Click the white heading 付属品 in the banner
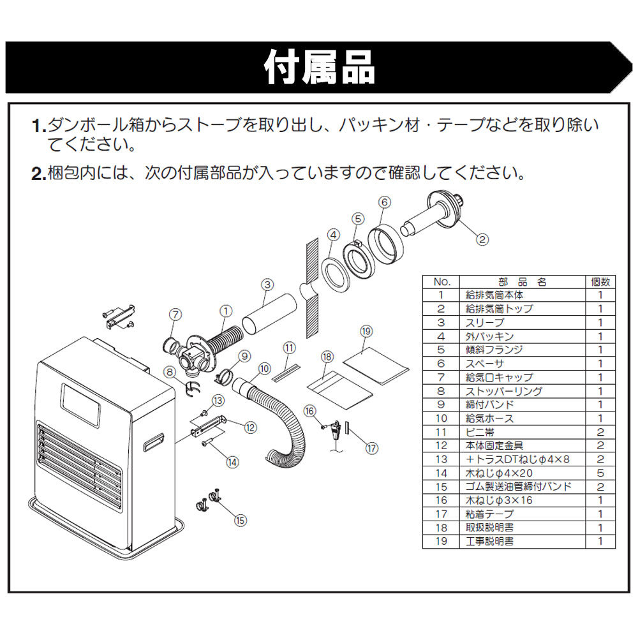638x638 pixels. [319, 67]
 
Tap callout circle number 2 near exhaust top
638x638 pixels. [482, 241]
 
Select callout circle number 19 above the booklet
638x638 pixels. [366, 332]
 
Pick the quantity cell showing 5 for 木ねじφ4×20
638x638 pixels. [600, 473]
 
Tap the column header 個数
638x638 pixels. [600, 281]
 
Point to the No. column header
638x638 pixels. [441, 281]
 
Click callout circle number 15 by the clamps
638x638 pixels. [240, 520]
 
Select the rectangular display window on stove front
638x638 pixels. [82, 406]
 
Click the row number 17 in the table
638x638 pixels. [441, 514]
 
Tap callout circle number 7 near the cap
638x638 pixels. [175, 313]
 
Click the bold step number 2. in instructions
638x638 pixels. [38, 174]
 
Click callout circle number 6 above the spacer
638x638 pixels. [384, 202]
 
